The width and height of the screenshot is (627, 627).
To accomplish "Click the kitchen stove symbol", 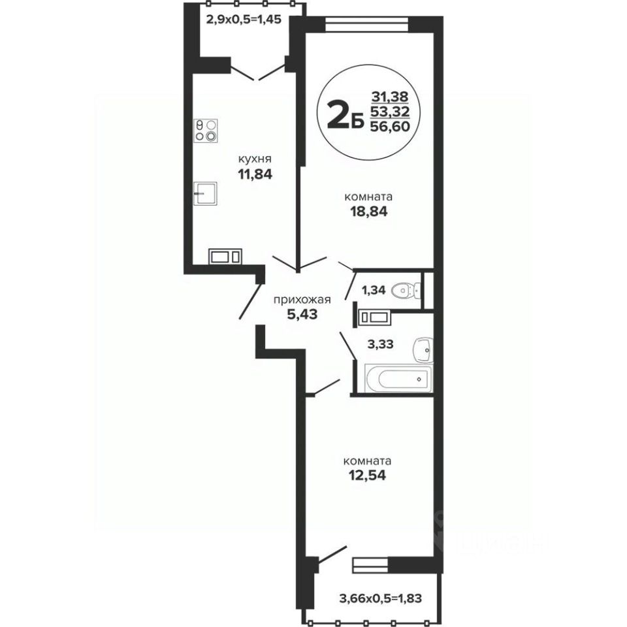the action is tap(206, 131).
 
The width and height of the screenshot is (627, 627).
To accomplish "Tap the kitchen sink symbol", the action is tap(205, 193).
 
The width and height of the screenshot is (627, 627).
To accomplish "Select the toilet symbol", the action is tap(406, 289).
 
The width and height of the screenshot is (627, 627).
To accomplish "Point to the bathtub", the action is tap(398, 378).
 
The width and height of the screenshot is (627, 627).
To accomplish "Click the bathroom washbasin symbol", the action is tap(423, 350).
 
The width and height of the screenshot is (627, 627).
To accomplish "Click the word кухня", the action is tap(255, 159).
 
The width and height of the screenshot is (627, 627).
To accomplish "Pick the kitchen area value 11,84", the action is tap(255, 174).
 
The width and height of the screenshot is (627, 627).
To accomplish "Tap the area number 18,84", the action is tap(368, 212).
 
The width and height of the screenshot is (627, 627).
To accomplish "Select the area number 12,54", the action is tap(368, 475).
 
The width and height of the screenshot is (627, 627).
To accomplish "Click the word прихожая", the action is tap(302, 300).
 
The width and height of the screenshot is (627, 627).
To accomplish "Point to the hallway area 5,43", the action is tap(302, 314).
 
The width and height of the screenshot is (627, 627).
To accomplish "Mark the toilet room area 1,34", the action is tap(374, 290).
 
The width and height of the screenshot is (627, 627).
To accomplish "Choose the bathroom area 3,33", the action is tap(380, 344).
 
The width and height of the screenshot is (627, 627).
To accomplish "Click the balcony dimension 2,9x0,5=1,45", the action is tap(244, 19).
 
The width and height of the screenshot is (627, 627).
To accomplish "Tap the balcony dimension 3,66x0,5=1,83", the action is tap(380, 599).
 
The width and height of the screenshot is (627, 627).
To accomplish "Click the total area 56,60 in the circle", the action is tap(391, 126).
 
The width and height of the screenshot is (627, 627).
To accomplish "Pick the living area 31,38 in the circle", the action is tap(390, 97).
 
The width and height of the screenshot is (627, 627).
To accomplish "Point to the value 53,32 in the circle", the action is tap(391, 111).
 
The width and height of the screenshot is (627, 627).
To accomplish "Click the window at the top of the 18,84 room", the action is tap(366, 24).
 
